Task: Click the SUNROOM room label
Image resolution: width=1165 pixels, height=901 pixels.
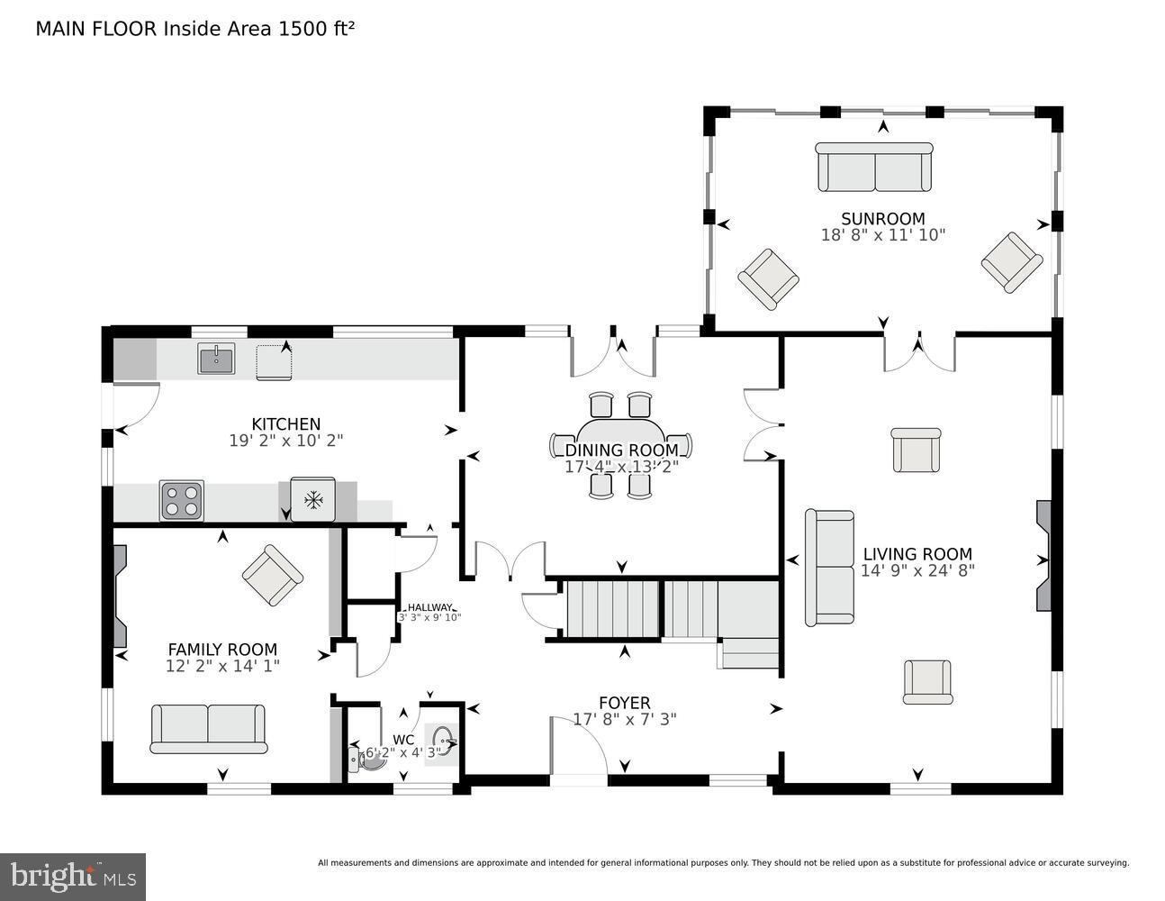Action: [x=882, y=219]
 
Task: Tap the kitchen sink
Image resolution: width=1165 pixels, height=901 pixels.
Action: [x=216, y=359]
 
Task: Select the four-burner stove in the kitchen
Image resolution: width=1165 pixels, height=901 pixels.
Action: [x=181, y=500]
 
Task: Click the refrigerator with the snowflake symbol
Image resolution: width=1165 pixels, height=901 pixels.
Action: [x=313, y=500]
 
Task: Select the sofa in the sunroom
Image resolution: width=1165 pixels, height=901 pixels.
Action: [x=874, y=167]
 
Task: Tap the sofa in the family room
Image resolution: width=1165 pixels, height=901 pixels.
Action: [x=208, y=728]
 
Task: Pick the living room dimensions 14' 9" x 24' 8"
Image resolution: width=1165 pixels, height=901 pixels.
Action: [x=917, y=570]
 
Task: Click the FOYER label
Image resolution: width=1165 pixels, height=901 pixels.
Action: [x=624, y=703]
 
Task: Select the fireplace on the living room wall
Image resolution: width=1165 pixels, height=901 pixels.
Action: [x=1043, y=559]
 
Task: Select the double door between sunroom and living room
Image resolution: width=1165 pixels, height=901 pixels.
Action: [x=918, y=351]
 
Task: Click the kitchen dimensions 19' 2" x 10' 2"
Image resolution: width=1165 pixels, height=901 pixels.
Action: [x=286, y=441]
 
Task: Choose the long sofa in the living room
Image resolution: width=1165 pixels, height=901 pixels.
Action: [x=829, y=568]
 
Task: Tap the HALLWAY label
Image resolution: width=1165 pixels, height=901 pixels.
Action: [x=429, y=607]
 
